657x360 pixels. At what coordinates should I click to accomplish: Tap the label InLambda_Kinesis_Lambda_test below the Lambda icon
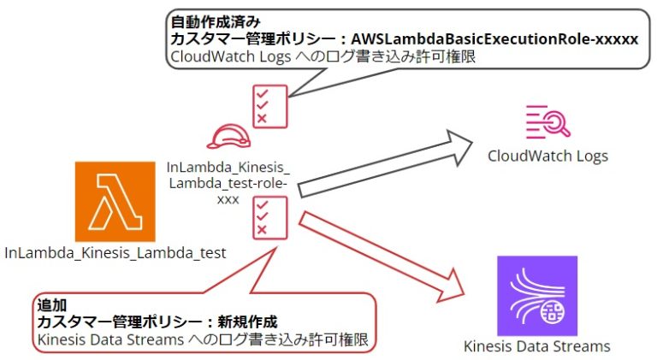click(115, 253)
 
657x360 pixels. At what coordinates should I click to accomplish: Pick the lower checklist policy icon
click(268, 215)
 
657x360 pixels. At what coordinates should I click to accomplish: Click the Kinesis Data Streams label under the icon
click(536, 346)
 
